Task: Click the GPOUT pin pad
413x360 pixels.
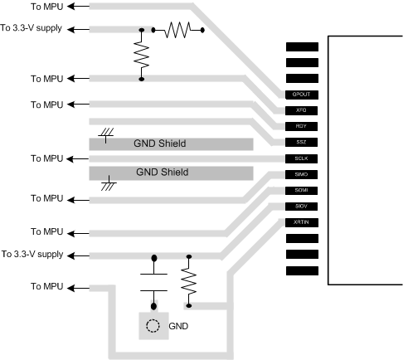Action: click(x=301, y=94)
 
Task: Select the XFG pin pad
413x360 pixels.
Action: click(x=301, y=109)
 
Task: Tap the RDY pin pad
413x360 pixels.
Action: click(x=301, y=126)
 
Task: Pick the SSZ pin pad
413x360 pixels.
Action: click(x=301, y=142)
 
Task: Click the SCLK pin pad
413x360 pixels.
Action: click(x=301, y=158)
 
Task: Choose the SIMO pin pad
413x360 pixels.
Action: click(x=301, y=174)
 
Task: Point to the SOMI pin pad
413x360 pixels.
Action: click(x=301, y=190)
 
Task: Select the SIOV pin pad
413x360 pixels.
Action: click(x=301, y=206)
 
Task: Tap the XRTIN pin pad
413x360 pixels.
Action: click(x=301, y=222)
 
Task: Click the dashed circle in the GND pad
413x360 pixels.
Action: click(x=153, y=326)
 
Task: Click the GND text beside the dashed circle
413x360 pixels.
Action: click(x=178, y=327)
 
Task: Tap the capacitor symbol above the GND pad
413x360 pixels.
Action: click(x=153, y=281)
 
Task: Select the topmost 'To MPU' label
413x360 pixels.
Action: click(x=46, y=7)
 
